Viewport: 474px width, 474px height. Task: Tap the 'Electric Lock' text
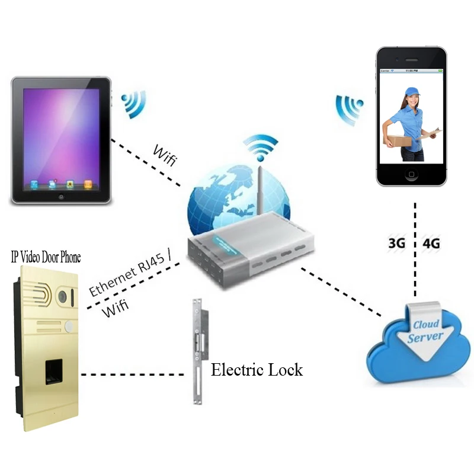[x=257, y=370]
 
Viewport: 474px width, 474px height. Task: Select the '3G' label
[x=396, y=244]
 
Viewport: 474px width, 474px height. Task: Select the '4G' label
[x=431, y=244]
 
